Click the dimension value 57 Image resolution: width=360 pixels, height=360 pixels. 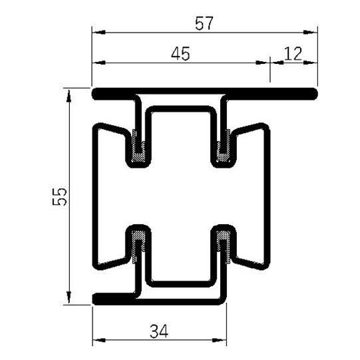(204, 23)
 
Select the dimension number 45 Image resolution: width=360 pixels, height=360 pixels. (180, 55)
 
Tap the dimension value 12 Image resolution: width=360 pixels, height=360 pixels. (293, 55)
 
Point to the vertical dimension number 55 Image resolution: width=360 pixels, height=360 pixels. (61, 198)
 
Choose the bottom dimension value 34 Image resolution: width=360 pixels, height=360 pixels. (158, 331)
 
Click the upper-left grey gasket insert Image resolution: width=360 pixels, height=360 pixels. (139, 146)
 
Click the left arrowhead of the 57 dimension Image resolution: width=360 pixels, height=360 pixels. (96, 31)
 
